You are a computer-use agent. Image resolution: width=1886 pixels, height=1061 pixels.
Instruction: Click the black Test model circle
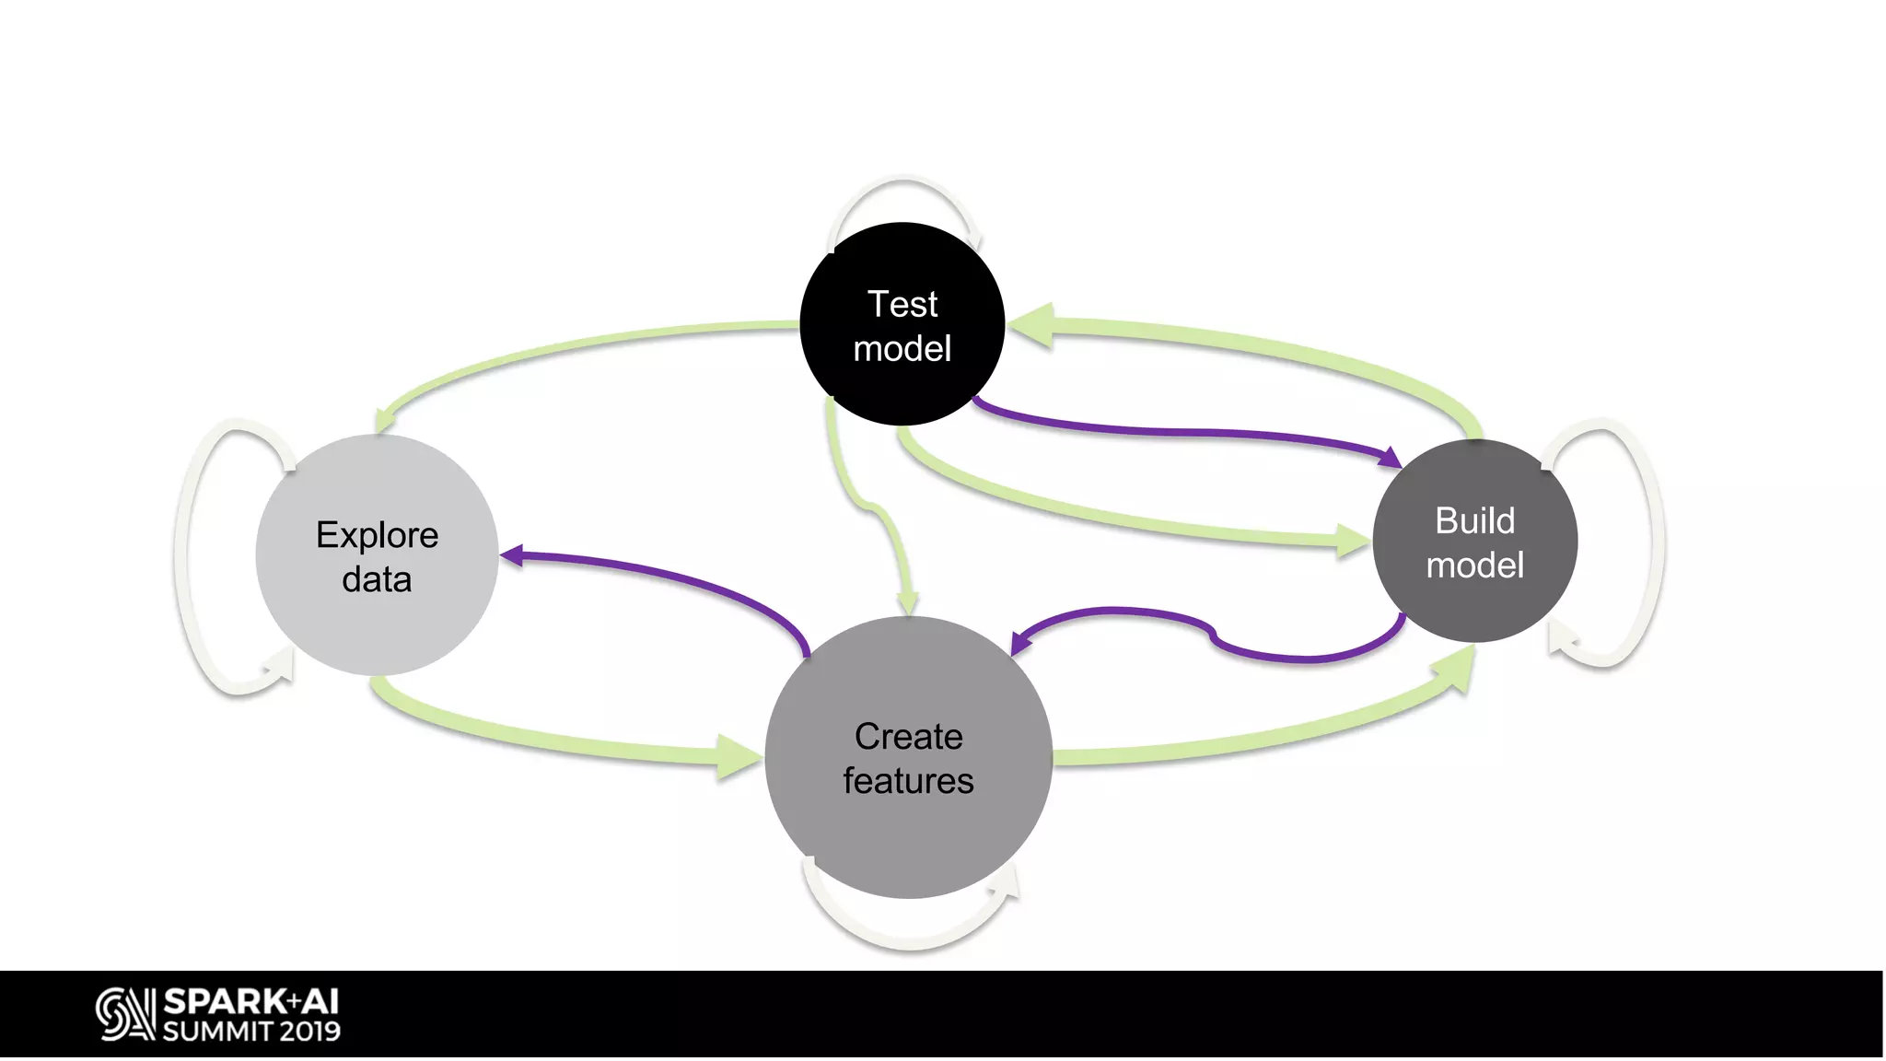point(902,387)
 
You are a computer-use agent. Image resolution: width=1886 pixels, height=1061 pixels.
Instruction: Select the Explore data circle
point(377,626)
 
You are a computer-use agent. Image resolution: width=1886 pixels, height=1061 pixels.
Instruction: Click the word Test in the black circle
point(902,304)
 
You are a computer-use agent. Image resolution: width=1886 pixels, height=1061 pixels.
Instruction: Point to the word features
point(908,781)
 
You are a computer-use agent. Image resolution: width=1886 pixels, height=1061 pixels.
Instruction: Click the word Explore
point(377,535)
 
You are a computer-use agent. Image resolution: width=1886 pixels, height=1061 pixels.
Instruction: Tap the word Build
point(1474,520)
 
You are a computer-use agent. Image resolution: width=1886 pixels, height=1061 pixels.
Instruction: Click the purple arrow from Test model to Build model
point(1188,431)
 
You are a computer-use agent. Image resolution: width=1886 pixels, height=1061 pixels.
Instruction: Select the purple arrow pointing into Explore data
point(663,576)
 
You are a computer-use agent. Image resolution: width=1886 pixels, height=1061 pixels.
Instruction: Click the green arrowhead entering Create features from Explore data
point(737,757)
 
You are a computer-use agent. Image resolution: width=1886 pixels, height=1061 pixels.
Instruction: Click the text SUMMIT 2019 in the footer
point(251,1032)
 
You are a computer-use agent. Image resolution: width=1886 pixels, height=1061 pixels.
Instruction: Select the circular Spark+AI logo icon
point(124,1014)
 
